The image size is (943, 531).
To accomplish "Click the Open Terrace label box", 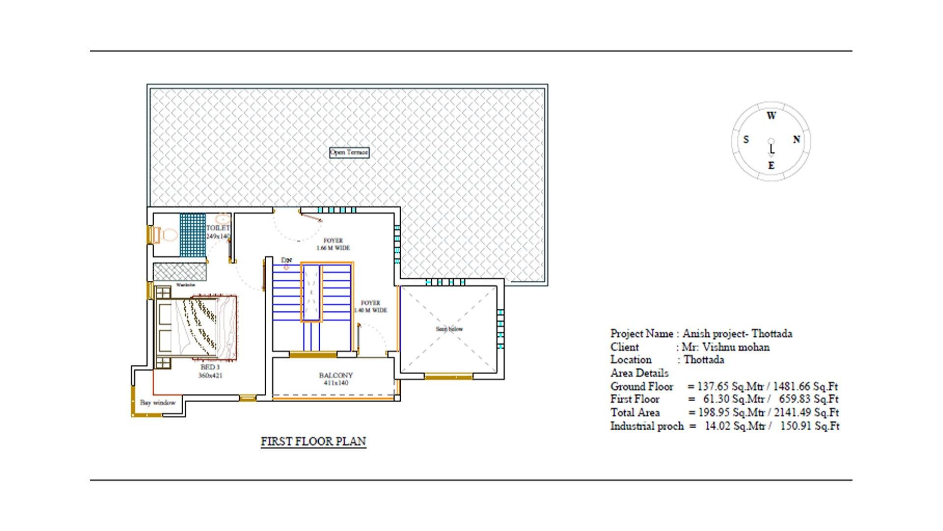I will pos(349,152).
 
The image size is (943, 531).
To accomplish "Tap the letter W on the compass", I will pos(771,116).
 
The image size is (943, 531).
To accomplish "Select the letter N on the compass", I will pos(796,140).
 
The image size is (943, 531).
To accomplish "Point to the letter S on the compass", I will pos(746,140).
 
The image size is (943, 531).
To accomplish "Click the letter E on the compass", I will pos(771,166).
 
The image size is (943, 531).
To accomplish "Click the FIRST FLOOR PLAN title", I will pos(313,442).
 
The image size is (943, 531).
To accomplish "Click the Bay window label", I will pos(158,403).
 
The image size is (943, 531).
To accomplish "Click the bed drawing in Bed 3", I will pos(196,327).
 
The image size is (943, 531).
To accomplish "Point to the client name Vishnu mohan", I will pos(725,347).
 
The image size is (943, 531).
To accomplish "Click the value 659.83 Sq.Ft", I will pos(808,399).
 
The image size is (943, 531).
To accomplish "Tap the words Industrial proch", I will pos(646,426).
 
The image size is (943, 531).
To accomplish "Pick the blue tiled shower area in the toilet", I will pos(192,235).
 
